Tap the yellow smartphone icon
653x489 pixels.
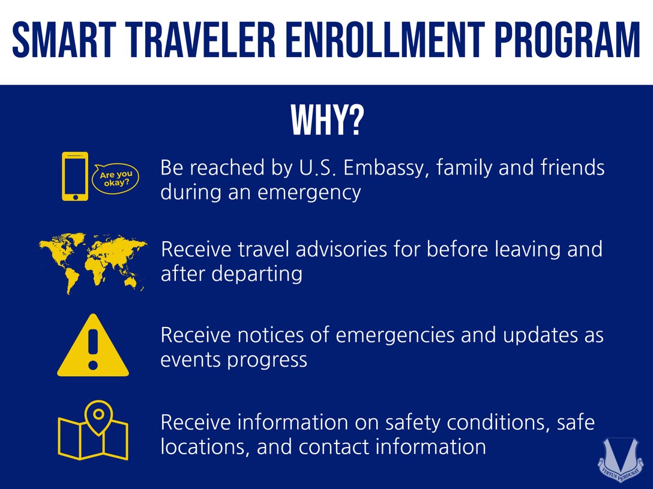(74, 176)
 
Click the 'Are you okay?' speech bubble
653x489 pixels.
(115, 178)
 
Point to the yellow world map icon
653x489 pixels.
(93, 263)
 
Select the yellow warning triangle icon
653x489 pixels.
(93, 347)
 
